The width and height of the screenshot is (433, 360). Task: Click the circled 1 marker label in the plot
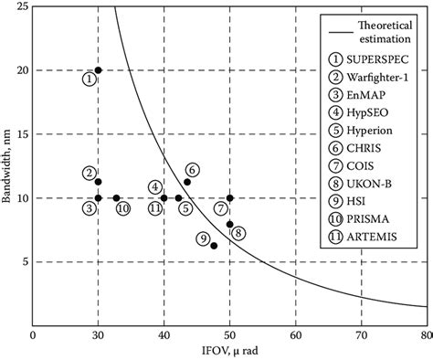pyautogui.click(x=88, y=79)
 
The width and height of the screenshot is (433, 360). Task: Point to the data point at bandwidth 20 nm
pyautogui.click(x=99, y=70)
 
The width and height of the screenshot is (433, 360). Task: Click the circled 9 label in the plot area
pyautogui.click(x=203, y=239)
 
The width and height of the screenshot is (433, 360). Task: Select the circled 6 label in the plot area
pyautogui.click(x=191, y=170)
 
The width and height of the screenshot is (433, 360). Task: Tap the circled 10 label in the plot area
pyautogui.click(x=122, y=208)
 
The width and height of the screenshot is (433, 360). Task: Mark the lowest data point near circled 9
pyautogui.click(x=214, y=246)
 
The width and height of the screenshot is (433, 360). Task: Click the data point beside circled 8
pyautogui.click(x=229, y=224)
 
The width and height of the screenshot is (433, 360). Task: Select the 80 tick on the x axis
pyautogui.click(x=426, y=335)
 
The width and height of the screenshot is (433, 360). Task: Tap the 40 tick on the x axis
pyautogui.click(x=164, y=335)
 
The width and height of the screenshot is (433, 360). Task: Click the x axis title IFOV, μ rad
pyautogui.click(x=229, y=351)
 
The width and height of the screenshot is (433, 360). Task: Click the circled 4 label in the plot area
pyautogui.click(x=155, y=187)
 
